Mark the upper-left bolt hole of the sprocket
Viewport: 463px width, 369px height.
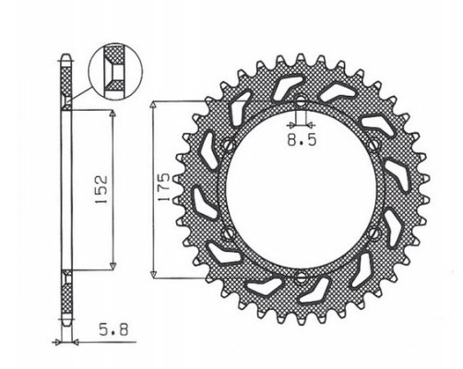click(x=227, y=142)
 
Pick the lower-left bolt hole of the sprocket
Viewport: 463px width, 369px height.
click(x=227, y=232)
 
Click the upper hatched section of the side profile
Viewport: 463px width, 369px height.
click(x=66, y=88)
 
